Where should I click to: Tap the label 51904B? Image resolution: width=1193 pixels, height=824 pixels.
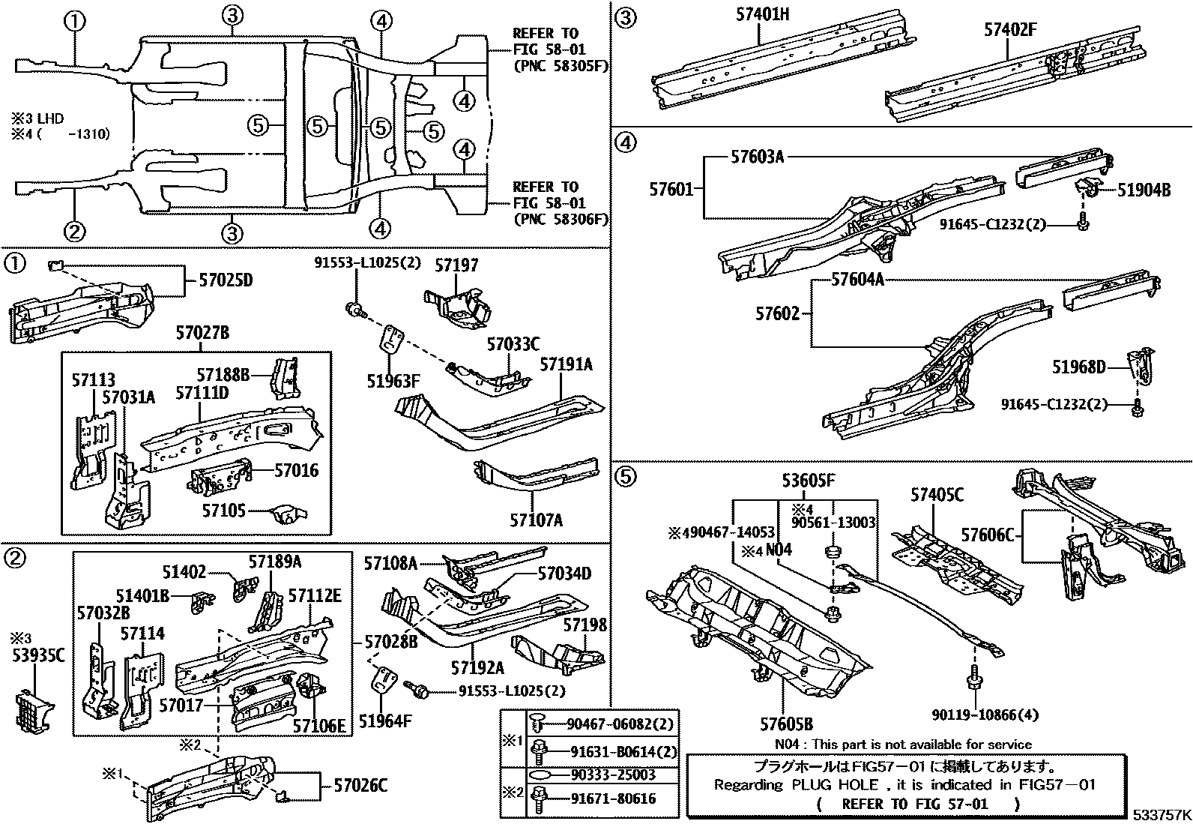pos(1144,190)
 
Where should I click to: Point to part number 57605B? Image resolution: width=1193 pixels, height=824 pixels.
pos(786,724)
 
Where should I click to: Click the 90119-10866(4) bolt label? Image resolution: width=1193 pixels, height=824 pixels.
pos(985,715)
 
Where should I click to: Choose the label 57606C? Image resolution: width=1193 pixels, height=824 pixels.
pos(987,535)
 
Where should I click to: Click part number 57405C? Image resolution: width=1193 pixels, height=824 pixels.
pos(937,494)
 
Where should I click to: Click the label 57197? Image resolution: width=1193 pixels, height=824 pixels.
pos(456,265)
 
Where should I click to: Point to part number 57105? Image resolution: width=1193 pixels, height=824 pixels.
pos(224,511)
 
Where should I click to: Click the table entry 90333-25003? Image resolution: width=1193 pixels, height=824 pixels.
pos(612,775)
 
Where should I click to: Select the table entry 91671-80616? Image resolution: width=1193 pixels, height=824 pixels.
pos(612,799)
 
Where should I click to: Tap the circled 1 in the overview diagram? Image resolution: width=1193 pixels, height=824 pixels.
pos(74,22)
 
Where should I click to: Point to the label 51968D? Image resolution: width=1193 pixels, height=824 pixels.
pos(1078,367)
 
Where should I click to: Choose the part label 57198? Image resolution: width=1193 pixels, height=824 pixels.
pos(585,625)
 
